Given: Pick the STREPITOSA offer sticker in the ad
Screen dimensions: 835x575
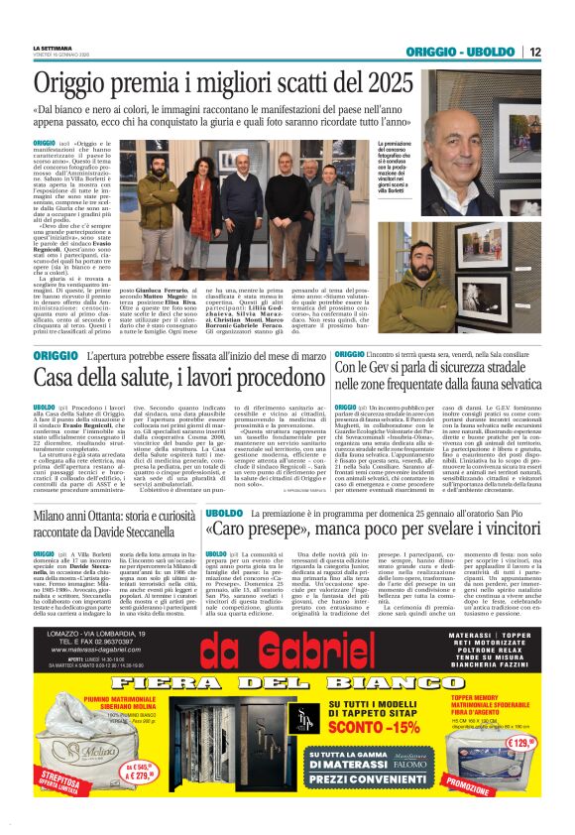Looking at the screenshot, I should pyautogui.click(x=59, y=777).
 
